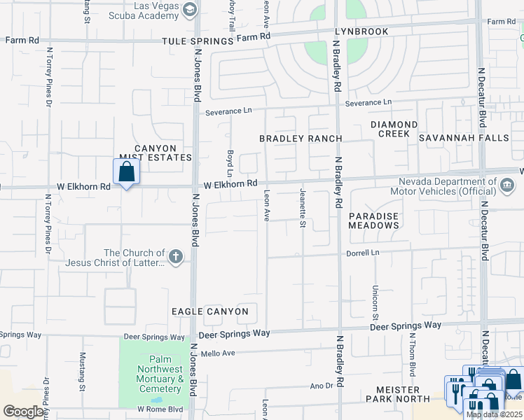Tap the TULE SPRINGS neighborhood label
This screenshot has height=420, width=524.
pos(188,41)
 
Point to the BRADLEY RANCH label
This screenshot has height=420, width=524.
pos(301,139)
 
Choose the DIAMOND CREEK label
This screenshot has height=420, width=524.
pos(394,129)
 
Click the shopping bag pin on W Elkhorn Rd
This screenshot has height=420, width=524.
pos(126,171)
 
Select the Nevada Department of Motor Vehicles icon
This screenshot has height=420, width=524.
pos(506,185)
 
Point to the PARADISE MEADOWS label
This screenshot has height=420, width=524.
pos(374,220)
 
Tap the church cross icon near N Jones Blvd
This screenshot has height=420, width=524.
pos(176,258)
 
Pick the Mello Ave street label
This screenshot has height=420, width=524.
pos(218,353)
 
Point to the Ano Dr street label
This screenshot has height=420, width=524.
pos(322,385)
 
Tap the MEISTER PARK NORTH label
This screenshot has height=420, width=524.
pos(397,394)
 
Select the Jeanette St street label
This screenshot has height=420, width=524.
pos(303,208)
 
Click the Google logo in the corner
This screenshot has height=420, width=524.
pos(24,412)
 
